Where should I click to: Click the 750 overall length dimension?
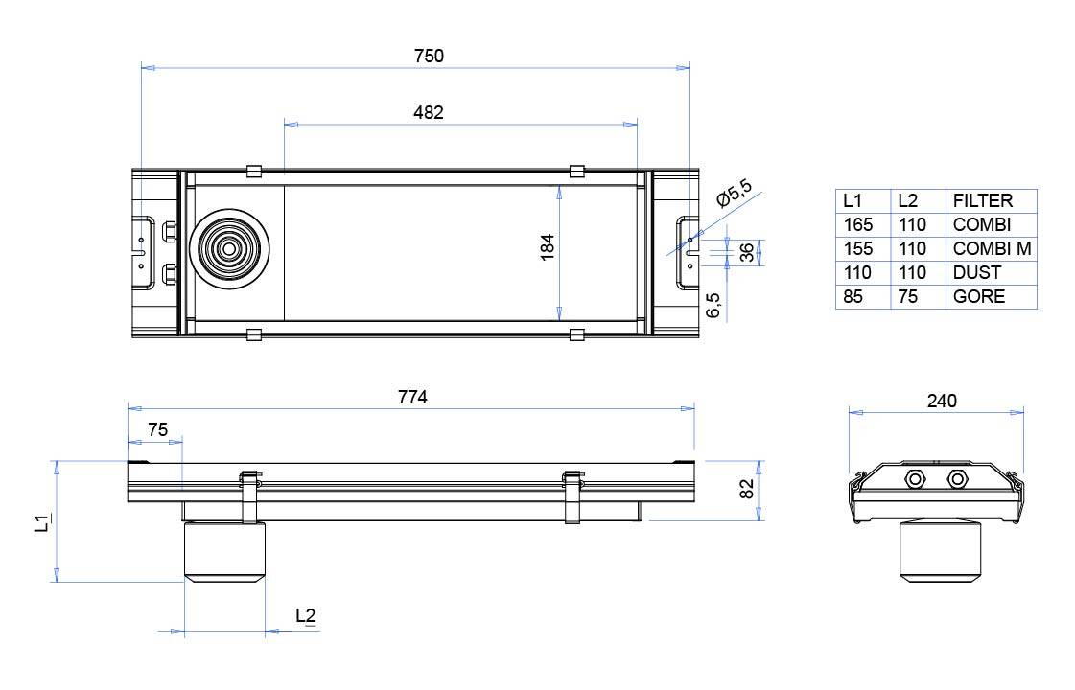[x=429, y=57]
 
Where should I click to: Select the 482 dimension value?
[x=429, y=113]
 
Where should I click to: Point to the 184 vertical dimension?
[x=548, y=249]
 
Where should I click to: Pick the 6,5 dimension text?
[x=713, y=305]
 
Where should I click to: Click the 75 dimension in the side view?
[x=157, y=430]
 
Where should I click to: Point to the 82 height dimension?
[x=747, y=489]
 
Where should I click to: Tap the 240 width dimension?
[x=942, y=402]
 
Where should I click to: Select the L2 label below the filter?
[x=306, y=616]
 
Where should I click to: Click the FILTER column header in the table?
[x=982, y=201]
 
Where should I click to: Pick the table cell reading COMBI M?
[x=992, y=249]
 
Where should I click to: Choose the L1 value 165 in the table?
[x=857, y=225]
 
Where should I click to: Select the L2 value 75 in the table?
[x=907, y=297]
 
